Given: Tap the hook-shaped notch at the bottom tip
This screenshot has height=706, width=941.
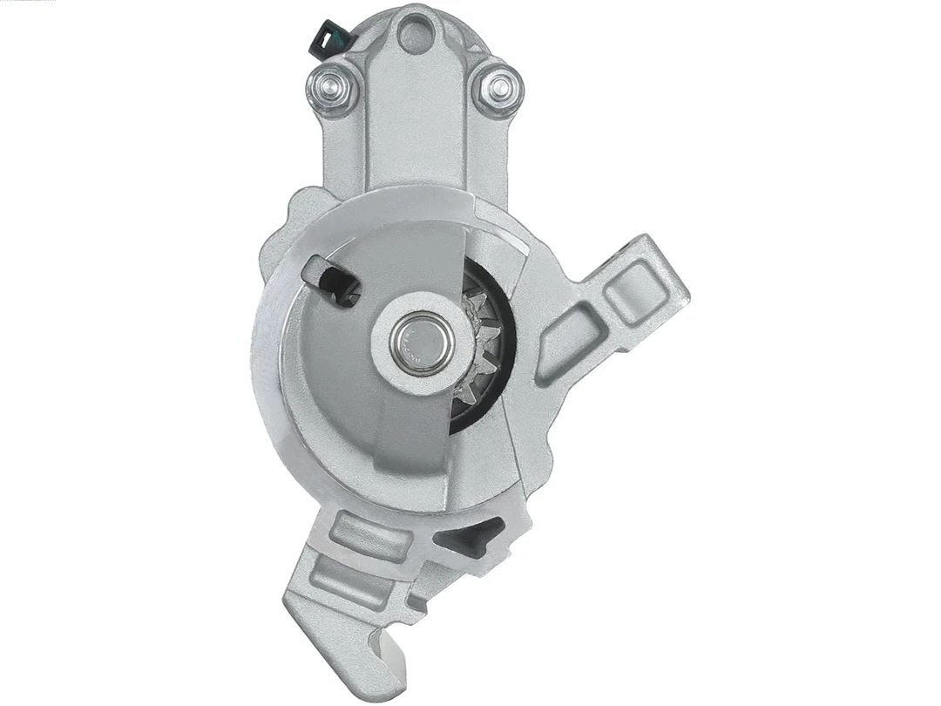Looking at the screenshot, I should point(383,647).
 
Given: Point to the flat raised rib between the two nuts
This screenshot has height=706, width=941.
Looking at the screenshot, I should point(416,113).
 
